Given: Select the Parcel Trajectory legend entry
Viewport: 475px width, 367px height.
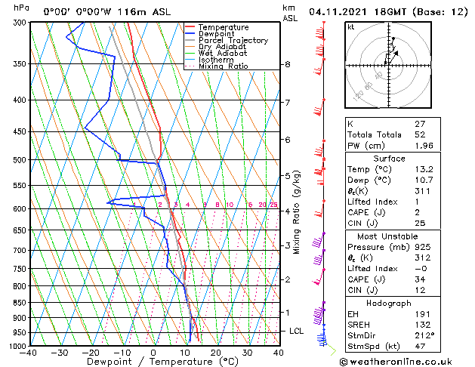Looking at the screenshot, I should click(x=233, y=41).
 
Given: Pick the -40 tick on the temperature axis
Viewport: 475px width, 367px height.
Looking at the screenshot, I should click(x=29, y=353).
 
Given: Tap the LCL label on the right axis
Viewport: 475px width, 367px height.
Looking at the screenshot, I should click(x=298, y=331).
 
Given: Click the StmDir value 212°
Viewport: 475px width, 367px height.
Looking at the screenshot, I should click(x=424, y=335).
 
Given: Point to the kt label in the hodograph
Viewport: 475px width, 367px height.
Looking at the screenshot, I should click(x=351, y=27).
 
